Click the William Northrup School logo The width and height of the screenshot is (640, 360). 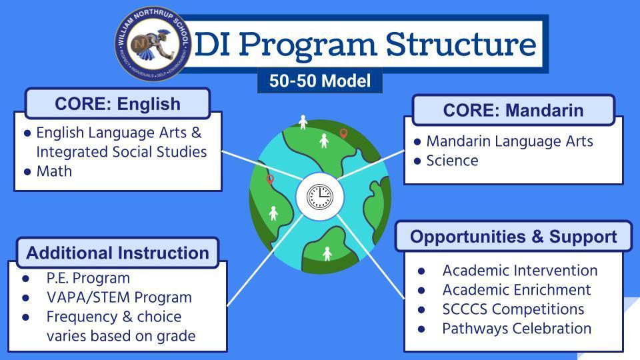click(153, 44)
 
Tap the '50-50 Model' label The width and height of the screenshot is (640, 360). click(320, 81)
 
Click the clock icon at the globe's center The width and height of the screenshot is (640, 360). click(320, 197)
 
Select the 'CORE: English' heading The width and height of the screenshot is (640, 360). click(117, 104)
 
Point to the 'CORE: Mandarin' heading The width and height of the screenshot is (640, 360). click(513, 110)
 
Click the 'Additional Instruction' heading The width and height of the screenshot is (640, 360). click(117, 253)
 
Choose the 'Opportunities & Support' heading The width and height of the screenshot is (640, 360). click(513, 237)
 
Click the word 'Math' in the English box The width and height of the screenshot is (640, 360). click(54, 171)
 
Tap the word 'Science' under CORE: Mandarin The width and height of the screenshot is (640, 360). click(452, 161)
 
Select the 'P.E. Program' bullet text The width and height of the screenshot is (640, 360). click(88, 279)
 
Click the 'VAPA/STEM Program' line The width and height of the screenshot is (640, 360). click(119, 297)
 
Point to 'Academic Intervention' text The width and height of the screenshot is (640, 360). click(520, 271)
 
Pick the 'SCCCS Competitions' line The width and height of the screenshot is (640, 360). click(513, 309)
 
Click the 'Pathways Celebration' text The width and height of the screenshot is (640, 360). click(517, 329)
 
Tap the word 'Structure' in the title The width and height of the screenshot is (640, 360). click(461, 44)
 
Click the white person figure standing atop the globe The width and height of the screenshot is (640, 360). click(303, 122)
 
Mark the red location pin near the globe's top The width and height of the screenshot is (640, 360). click(344, 133)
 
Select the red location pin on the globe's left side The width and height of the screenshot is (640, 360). click(270, 179)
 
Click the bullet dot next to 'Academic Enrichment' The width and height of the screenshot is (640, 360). click(421, 291)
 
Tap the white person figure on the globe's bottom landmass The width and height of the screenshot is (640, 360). click(327, 254)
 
